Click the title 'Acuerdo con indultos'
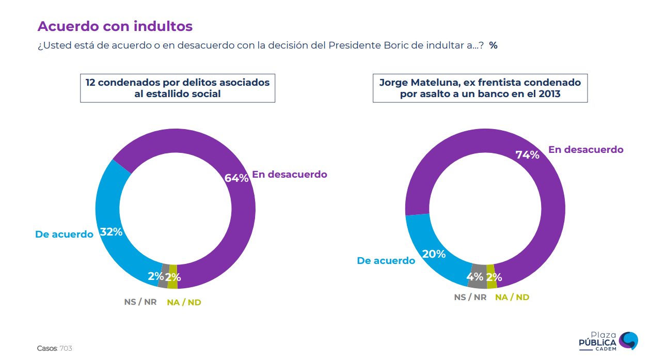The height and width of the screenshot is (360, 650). pos(115,26)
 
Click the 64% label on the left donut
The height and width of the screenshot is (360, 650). pos(236,178)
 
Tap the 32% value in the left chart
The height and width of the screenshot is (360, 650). pos(111,232)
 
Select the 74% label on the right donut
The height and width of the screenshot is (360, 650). pos(527,154)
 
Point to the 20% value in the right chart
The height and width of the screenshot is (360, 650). pos(434,254)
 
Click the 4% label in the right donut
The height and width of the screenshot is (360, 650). pos(474,276)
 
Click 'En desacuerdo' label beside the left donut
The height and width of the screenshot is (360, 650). pos(290,175)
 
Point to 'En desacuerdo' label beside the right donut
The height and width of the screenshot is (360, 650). pos(586,150)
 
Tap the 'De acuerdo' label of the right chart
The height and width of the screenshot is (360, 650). pos(386,261)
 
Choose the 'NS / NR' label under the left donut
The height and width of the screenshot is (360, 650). pos(140,302)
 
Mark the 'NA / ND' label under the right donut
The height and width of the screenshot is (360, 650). pos(512,298)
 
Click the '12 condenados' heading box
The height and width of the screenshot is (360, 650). pos(178,88)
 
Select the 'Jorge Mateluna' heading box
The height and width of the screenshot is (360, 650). pos(480,88)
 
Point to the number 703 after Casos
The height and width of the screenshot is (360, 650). pos(66,349)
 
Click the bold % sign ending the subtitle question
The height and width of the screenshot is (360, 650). pos(494,45)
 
